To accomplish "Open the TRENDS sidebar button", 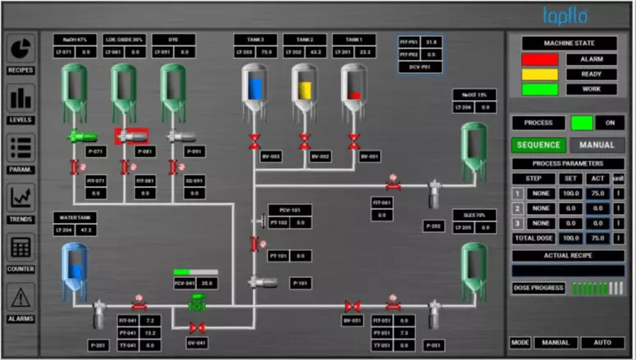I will click(21, 200).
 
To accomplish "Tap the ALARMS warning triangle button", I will click(21, 299).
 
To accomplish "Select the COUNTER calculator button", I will click(21, 249).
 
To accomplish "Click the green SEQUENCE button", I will click(538, 145).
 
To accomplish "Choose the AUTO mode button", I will click(602, 343).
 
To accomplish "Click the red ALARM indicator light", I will click(539, 60).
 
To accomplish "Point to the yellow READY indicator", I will click(539, 75).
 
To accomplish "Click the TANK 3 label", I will click(255, 39).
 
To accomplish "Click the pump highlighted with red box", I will click(130, 135).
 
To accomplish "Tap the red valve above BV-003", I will click(254, 140).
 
